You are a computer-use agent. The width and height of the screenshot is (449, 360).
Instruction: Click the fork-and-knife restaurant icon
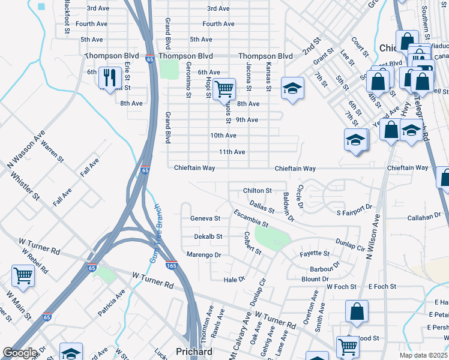(110, 77)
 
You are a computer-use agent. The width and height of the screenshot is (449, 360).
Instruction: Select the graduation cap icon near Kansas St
(292, 89)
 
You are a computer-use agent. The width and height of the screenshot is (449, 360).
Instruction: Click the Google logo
(20, 353)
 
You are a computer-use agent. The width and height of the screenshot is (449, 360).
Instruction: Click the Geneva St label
(205, 218)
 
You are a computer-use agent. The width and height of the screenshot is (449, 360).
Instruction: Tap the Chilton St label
(258, 191)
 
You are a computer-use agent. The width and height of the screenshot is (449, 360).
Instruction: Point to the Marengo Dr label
(205, 255)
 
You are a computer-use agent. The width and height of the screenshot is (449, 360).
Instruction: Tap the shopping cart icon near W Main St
(23, 275)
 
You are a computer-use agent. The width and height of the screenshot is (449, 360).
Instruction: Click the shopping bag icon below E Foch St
(356, 311)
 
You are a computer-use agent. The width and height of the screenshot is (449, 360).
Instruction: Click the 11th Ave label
(232, 152)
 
